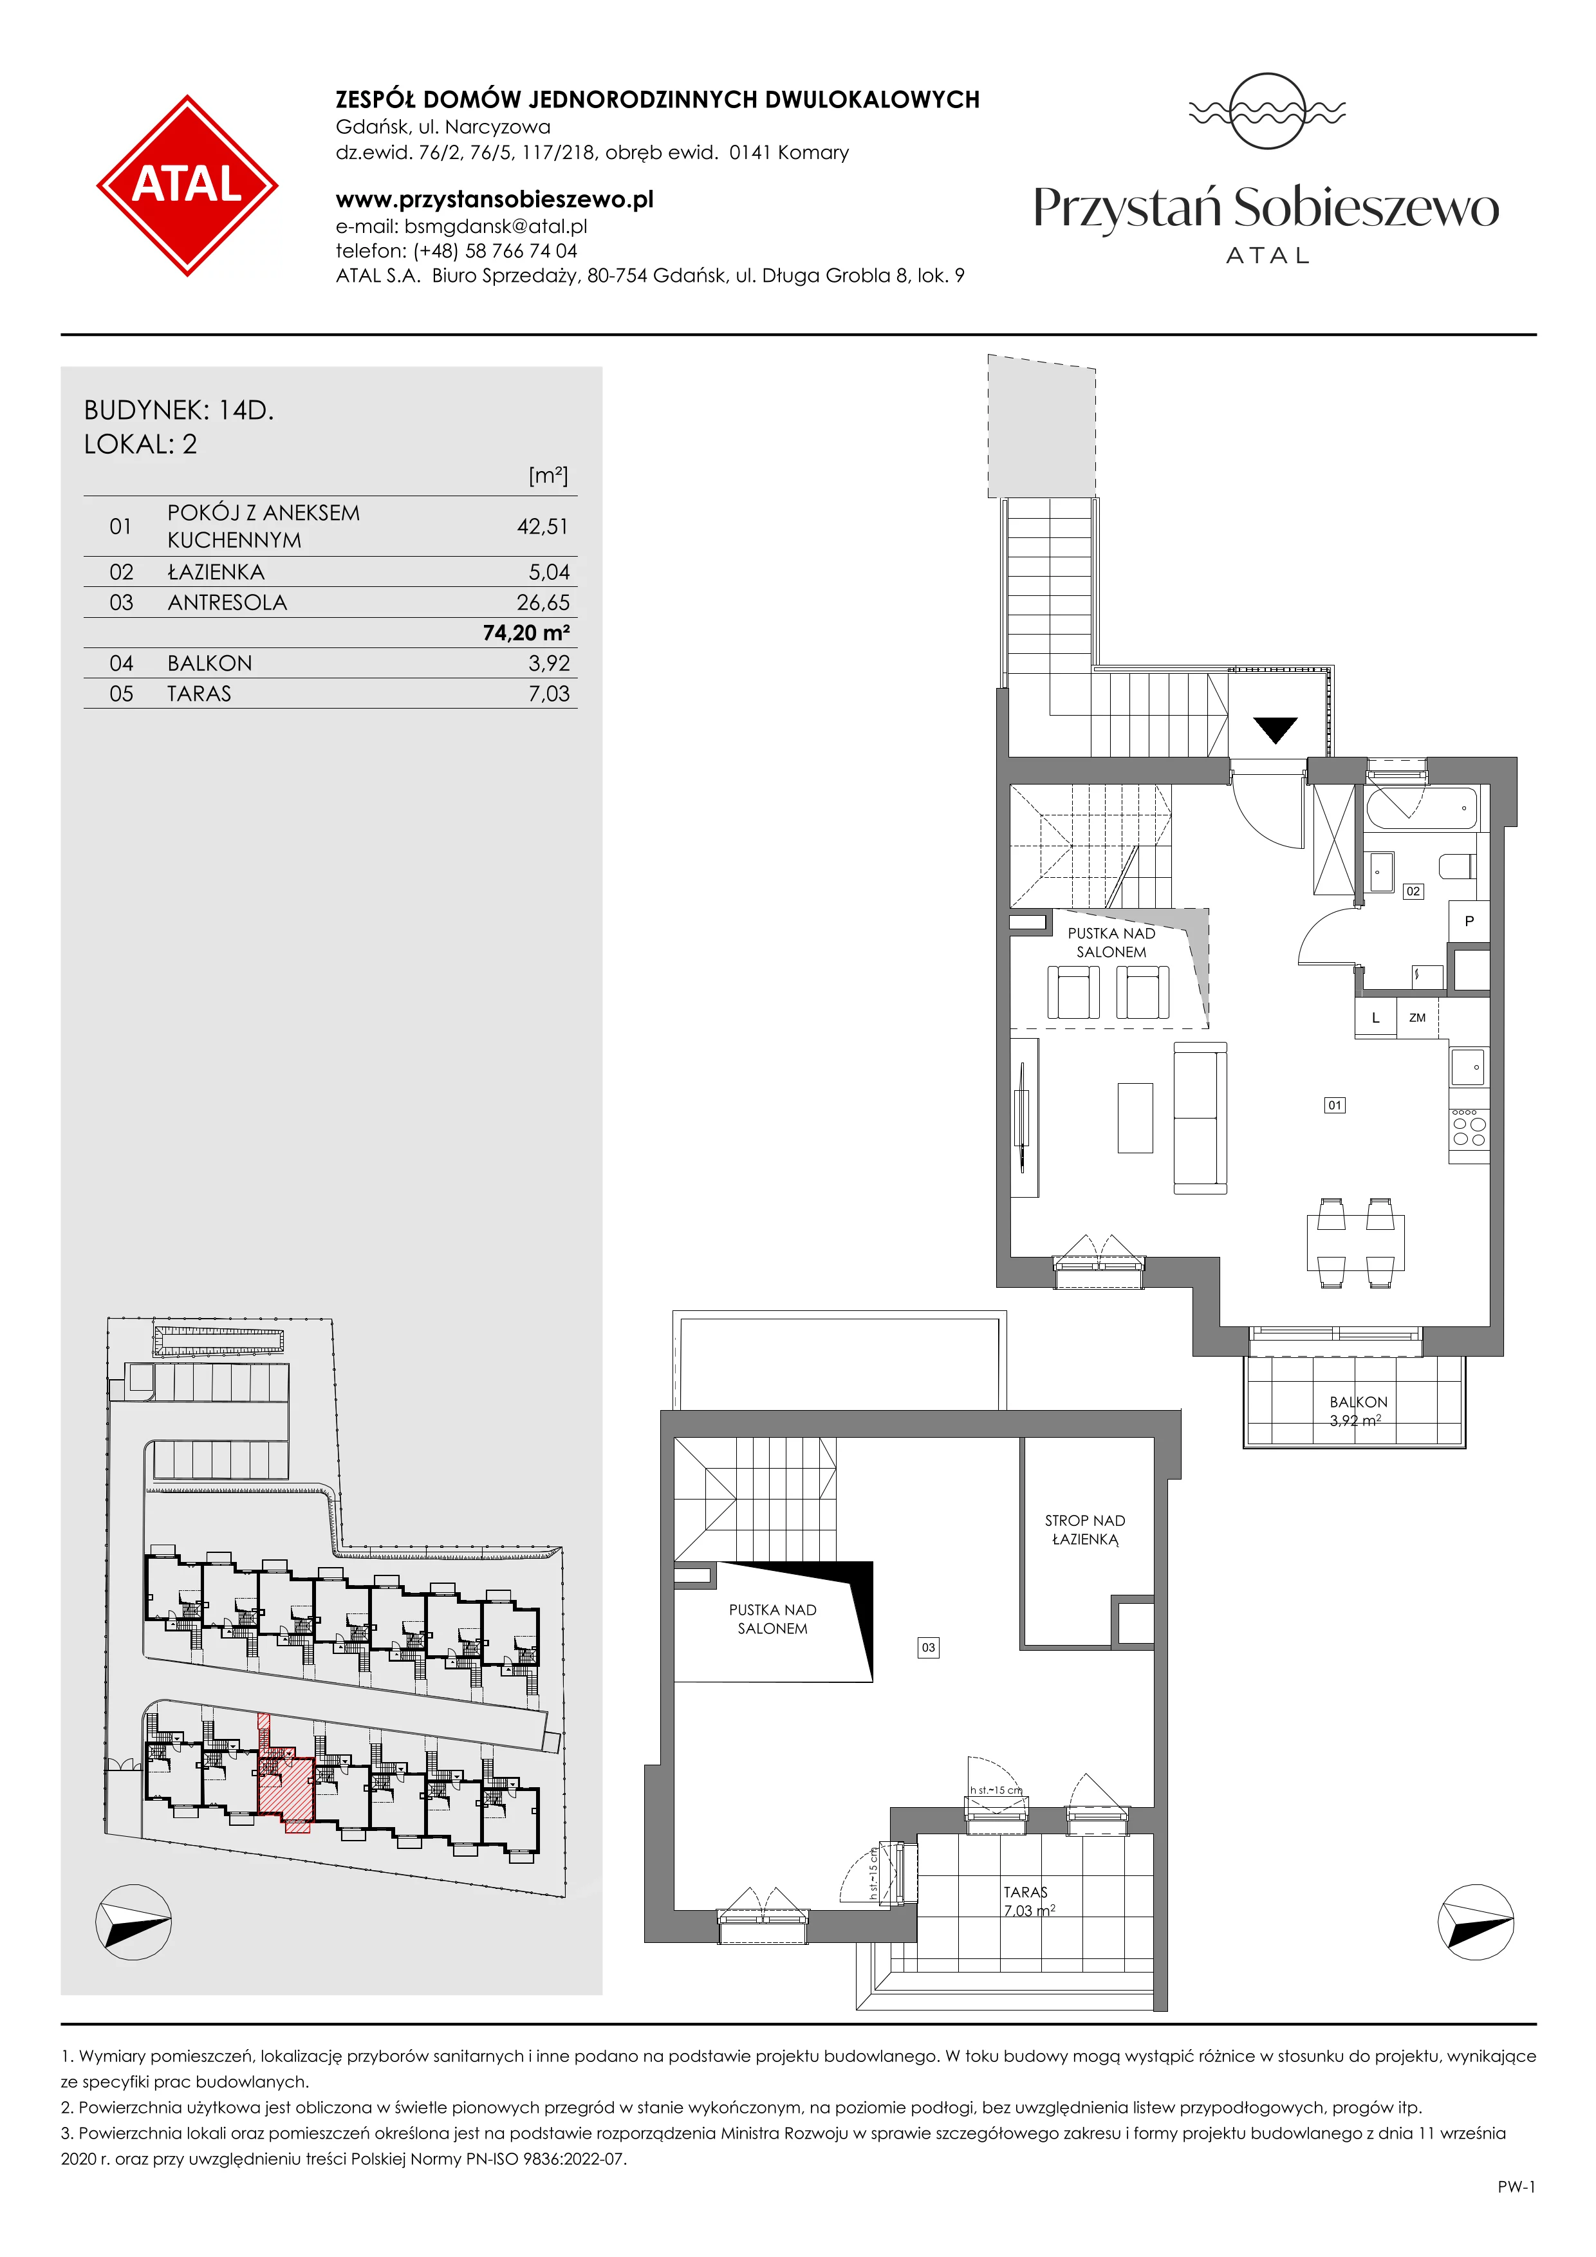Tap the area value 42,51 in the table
coord(543,527)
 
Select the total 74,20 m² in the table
coord(526,633)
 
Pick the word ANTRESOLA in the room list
coord(227,602)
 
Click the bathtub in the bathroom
coord(1421,809)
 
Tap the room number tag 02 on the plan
coord(1412,891)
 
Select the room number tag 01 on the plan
coord(1333,1105)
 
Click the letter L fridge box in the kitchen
coord(1376,1017)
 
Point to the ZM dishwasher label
coord(1417,1017)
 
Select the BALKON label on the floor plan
coord(1358,1402)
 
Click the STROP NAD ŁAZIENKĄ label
coord(1085,1530)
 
